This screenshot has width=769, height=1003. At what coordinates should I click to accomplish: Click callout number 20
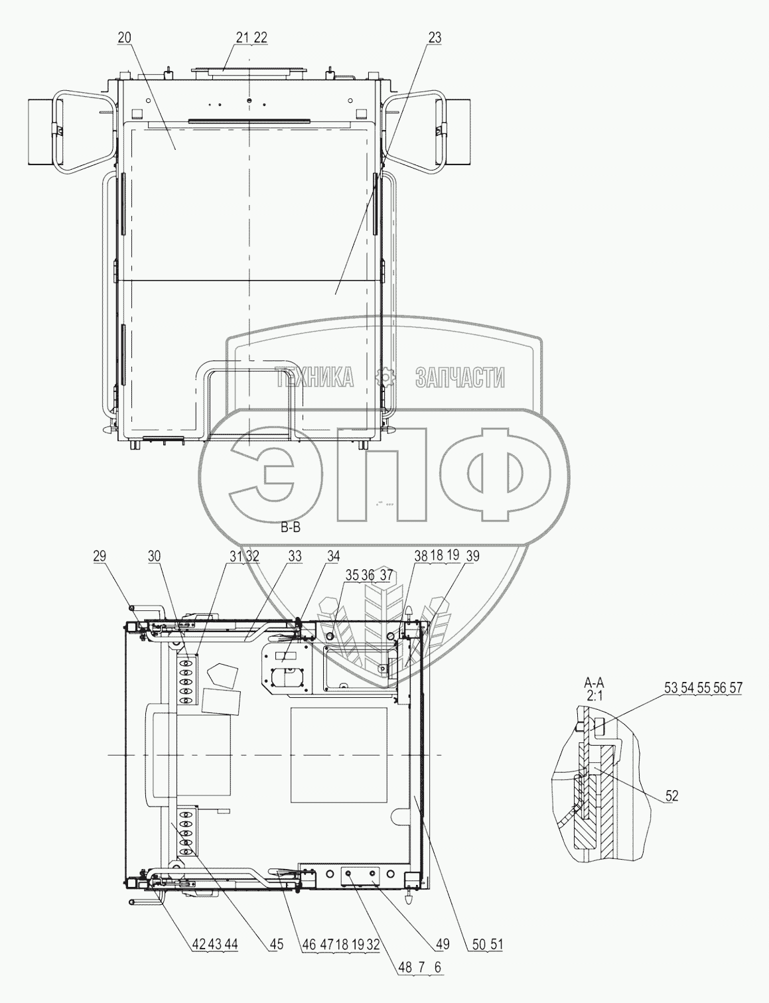tap(124, 38)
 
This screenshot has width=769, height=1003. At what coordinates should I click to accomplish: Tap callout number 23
tap(435, 38)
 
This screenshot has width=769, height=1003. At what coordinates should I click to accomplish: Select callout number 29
tap(100, 557)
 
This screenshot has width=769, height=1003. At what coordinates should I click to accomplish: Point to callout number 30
tap(154, 557)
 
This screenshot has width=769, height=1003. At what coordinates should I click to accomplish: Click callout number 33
tap(295, 557)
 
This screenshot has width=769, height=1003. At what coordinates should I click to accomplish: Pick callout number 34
tap(333, 557)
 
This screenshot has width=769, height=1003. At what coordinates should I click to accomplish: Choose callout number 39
tap(472, 557)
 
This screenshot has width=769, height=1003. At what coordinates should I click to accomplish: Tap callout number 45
tap(277, 945)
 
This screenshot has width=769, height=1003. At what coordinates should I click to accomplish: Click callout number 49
tap(443, 945)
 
